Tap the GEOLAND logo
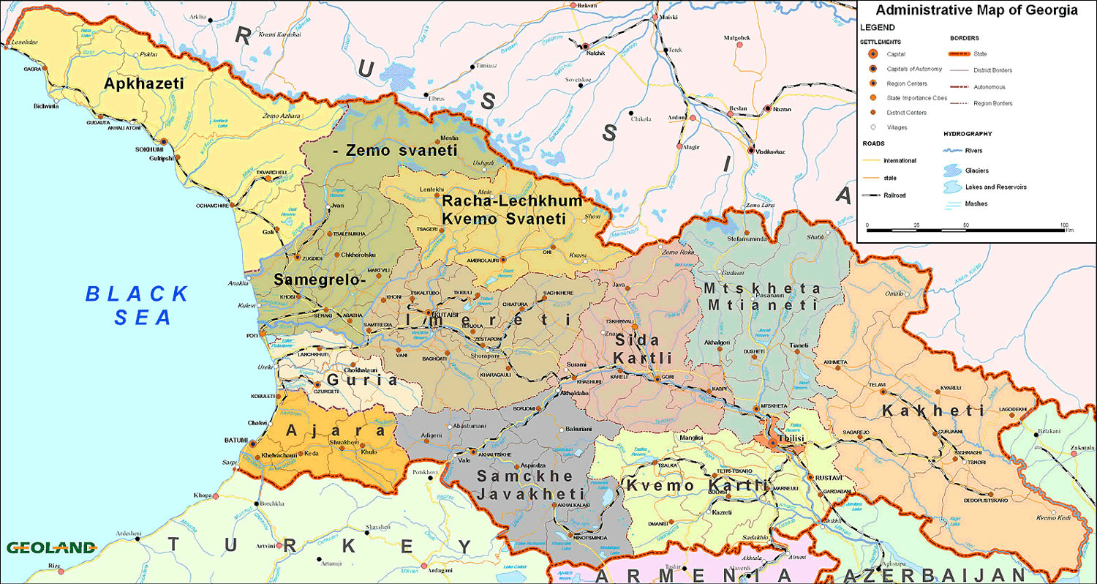51,547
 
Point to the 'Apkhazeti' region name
143,83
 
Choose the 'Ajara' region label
335,431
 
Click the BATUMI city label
235,441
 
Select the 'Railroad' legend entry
894,195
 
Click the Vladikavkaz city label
770,151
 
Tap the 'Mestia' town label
449,137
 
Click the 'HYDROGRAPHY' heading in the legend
968,135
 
